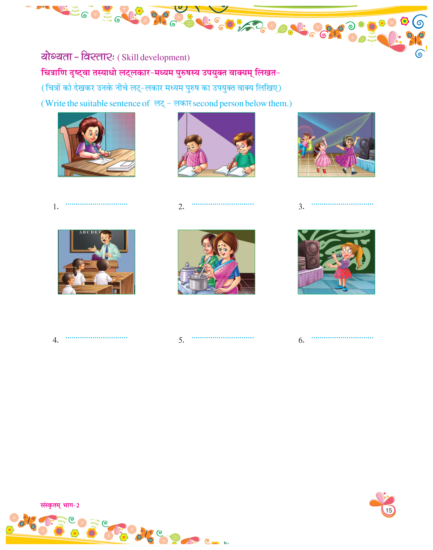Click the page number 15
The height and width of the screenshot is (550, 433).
(x=389, y=510)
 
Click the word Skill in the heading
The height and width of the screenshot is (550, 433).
(x=130, y=58)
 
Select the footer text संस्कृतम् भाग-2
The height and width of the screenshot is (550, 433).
(x=60, y=505)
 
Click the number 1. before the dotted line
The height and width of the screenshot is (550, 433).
(x=56, y=207)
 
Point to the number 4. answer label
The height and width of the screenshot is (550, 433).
(x=56, y=340)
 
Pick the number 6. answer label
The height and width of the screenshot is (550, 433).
(x=301, y=340)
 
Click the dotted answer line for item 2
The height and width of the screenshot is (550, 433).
(x=223, y=204)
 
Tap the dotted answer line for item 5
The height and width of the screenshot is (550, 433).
(x=223, y=338)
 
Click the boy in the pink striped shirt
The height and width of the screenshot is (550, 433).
(x=194, y=153)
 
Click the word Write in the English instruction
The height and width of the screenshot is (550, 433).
(x=56, y=103)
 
